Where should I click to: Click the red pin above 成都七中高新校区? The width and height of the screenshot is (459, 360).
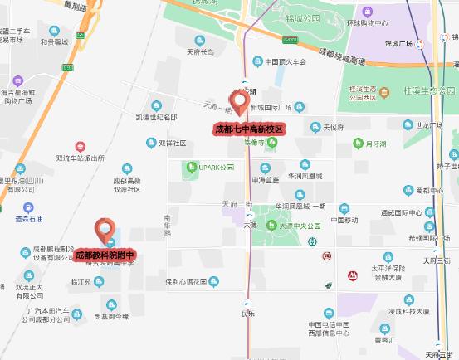point(240,103)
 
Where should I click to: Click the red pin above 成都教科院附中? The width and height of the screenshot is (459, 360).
point(105,231)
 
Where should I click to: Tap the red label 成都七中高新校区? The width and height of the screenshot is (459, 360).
point(250,129)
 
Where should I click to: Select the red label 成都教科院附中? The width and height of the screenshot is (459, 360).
point(105,256)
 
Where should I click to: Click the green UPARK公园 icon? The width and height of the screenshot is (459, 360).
point(193,167)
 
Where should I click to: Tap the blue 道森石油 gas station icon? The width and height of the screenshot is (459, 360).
point(29,208)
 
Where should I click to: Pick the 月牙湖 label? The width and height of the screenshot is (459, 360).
point(378,142)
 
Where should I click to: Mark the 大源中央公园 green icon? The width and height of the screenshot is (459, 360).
point(270,224)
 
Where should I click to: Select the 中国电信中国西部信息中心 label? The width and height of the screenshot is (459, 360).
point(329,329)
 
